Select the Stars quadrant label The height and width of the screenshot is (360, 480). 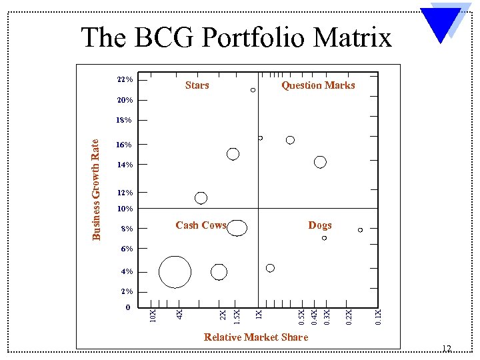197,85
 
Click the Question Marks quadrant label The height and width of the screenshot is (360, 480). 318,85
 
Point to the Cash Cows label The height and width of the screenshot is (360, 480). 201,225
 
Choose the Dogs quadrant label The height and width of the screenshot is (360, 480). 320,225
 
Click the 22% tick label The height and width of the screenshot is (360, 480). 125,80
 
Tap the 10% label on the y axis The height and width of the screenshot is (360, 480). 125,209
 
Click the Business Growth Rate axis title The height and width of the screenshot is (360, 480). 96,189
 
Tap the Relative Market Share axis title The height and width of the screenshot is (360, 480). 256,337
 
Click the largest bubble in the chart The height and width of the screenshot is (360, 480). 175,271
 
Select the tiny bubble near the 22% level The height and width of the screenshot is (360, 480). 253,90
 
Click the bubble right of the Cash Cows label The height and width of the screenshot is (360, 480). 237,228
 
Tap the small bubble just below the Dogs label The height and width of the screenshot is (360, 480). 325,238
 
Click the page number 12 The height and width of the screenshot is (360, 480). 447,349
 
